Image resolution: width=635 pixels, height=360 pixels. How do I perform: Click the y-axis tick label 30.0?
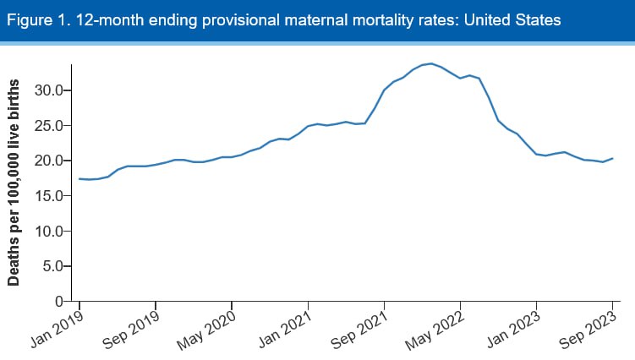pos(50,90)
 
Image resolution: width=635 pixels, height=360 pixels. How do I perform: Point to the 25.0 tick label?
pos(50,125)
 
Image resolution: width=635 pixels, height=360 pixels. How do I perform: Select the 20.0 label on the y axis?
pos(50,161)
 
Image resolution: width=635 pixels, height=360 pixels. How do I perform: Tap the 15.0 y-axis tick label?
pos(50,195)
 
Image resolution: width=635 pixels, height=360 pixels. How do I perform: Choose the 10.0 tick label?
pos(50,231)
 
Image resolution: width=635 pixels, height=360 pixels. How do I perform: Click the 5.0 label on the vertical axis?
pos(53,266)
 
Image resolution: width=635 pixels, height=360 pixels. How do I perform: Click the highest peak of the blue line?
pos(431,63)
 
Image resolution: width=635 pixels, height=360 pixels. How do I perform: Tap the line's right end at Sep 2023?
pos(612,159)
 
